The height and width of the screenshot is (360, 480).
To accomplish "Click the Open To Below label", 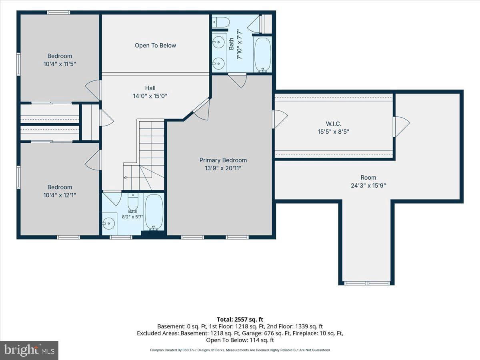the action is (155, 46).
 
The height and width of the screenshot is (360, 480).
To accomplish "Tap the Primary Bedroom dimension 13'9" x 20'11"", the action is (223, 168).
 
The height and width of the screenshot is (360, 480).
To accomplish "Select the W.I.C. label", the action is (334, 124).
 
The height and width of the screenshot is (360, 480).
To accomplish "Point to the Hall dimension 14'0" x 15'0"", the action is (150, 96).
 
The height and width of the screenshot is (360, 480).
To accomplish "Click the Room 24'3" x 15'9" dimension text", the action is (368, 186).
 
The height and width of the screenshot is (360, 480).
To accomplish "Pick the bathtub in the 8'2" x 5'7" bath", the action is (154, 212).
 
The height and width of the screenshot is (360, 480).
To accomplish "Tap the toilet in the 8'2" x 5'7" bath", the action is (133, 201).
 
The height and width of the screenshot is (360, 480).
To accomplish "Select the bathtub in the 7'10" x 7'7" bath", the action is (262, 55).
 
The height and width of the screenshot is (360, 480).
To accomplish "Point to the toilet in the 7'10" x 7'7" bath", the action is (221, 22).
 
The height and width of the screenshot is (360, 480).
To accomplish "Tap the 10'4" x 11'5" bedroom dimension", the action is (60, 64).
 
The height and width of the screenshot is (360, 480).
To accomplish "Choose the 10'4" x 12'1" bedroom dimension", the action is (60, 195).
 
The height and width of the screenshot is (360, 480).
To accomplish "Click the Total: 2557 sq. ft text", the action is (240, 320).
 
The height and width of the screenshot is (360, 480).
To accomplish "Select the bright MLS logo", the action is (29, 350).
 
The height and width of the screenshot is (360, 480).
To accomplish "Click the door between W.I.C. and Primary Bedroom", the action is (280, 119).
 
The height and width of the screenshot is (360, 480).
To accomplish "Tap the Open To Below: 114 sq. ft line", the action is (240, 340).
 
